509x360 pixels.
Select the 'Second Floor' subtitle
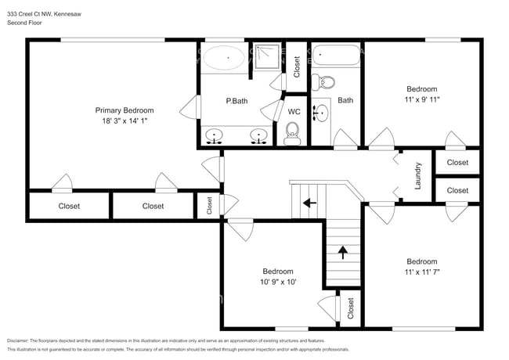(x=25, y=23)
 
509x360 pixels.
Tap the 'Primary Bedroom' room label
(x=125, y=110)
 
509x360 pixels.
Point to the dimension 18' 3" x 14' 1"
(x=125, y=121)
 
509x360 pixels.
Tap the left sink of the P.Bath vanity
(x=214, y=137)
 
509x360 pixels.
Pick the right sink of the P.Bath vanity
(x=258, y=137)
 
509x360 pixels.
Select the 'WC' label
(x=294, y=112)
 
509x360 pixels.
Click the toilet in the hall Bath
(x=327, y=81)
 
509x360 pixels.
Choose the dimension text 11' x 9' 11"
(x=421, y=99)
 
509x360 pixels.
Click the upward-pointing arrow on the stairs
(x=342, y=252)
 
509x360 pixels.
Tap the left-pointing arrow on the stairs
(x=310, y=202)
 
